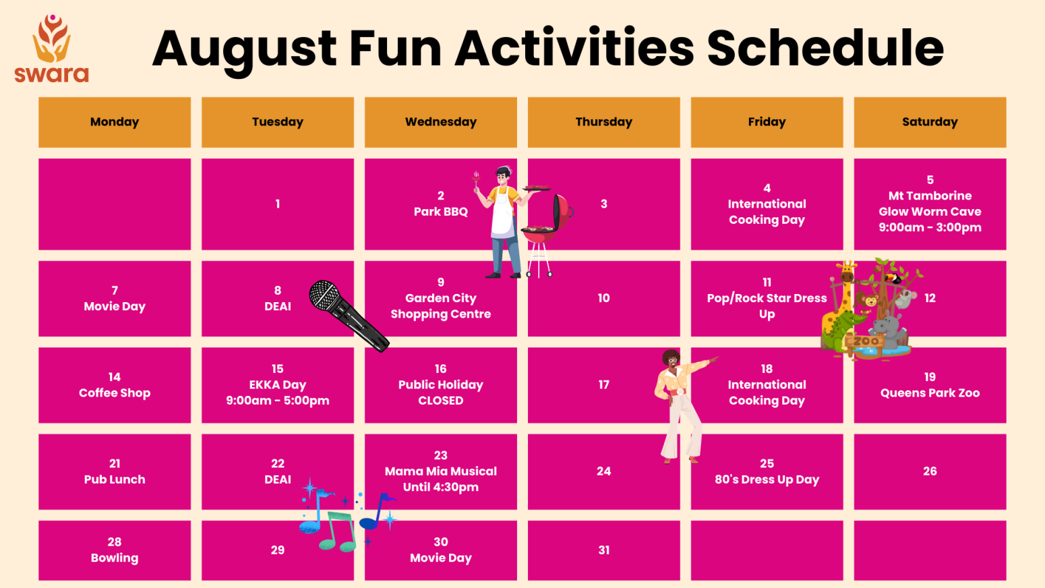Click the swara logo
[52, 49]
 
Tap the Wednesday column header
[440, 122]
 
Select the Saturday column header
[930, 122]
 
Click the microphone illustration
[347, 315]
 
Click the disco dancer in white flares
[680, 405]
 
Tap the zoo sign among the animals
[866, 341]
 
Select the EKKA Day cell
[277, 385]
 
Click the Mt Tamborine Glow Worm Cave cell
[930, 204]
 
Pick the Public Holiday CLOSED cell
[440, 385]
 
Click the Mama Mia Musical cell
[440, 471]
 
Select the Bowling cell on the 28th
[115, 550]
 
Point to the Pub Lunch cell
[115, 471]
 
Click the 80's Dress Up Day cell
[767, 471]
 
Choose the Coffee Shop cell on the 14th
[115, 385]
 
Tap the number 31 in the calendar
[603, 550]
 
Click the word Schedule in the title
[825, 49]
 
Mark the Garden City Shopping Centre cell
[440, 299]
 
